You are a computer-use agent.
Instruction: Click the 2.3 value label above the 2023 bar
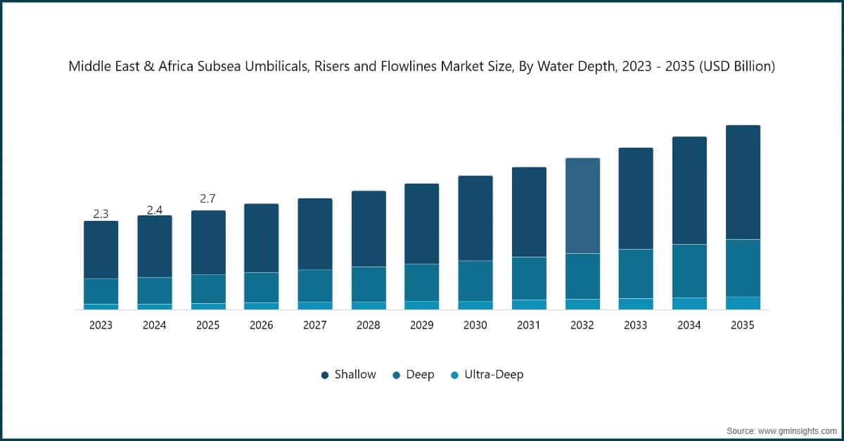pyautogui.click(x=101, y=214)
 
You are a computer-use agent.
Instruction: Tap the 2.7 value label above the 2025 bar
pyautogui.click(x=207, y=199)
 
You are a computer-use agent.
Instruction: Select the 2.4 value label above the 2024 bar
pyautogui.click(x=154, y=210)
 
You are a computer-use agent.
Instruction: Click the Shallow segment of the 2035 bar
pyautogui.click(x=743, y=182)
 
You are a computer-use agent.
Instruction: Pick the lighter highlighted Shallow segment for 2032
pyautogui.click(x=582, y=205)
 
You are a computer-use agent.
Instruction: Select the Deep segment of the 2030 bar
pyautogui.click(x=475, y=281)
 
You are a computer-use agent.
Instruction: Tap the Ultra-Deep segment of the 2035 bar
pyautogui.click(x=743, y=303)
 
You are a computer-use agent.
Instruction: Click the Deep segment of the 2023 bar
pyautogui.click(x=101, y=291)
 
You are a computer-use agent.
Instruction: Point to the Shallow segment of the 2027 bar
pyautogui.click(x=314, y=234)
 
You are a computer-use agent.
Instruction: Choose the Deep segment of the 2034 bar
pyautogui.click(x=689, y=271)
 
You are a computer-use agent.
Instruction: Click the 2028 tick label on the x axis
pyautogui.click(x=369, y=326)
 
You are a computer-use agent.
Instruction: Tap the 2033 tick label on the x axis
pyautogui.click(x=636, y=326)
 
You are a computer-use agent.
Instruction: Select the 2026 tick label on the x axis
pyautogui.click(x=261, y=326)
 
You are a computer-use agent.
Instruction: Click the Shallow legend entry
pyautogui.click(x=349, y=375)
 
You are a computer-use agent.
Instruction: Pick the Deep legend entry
pyautogui.click(x=414, y=375)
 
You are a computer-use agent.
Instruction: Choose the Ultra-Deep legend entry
pyautogui.click(x=487, y=375)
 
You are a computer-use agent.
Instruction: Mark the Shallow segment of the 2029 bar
pyautogui.click(x=422, y=224)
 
